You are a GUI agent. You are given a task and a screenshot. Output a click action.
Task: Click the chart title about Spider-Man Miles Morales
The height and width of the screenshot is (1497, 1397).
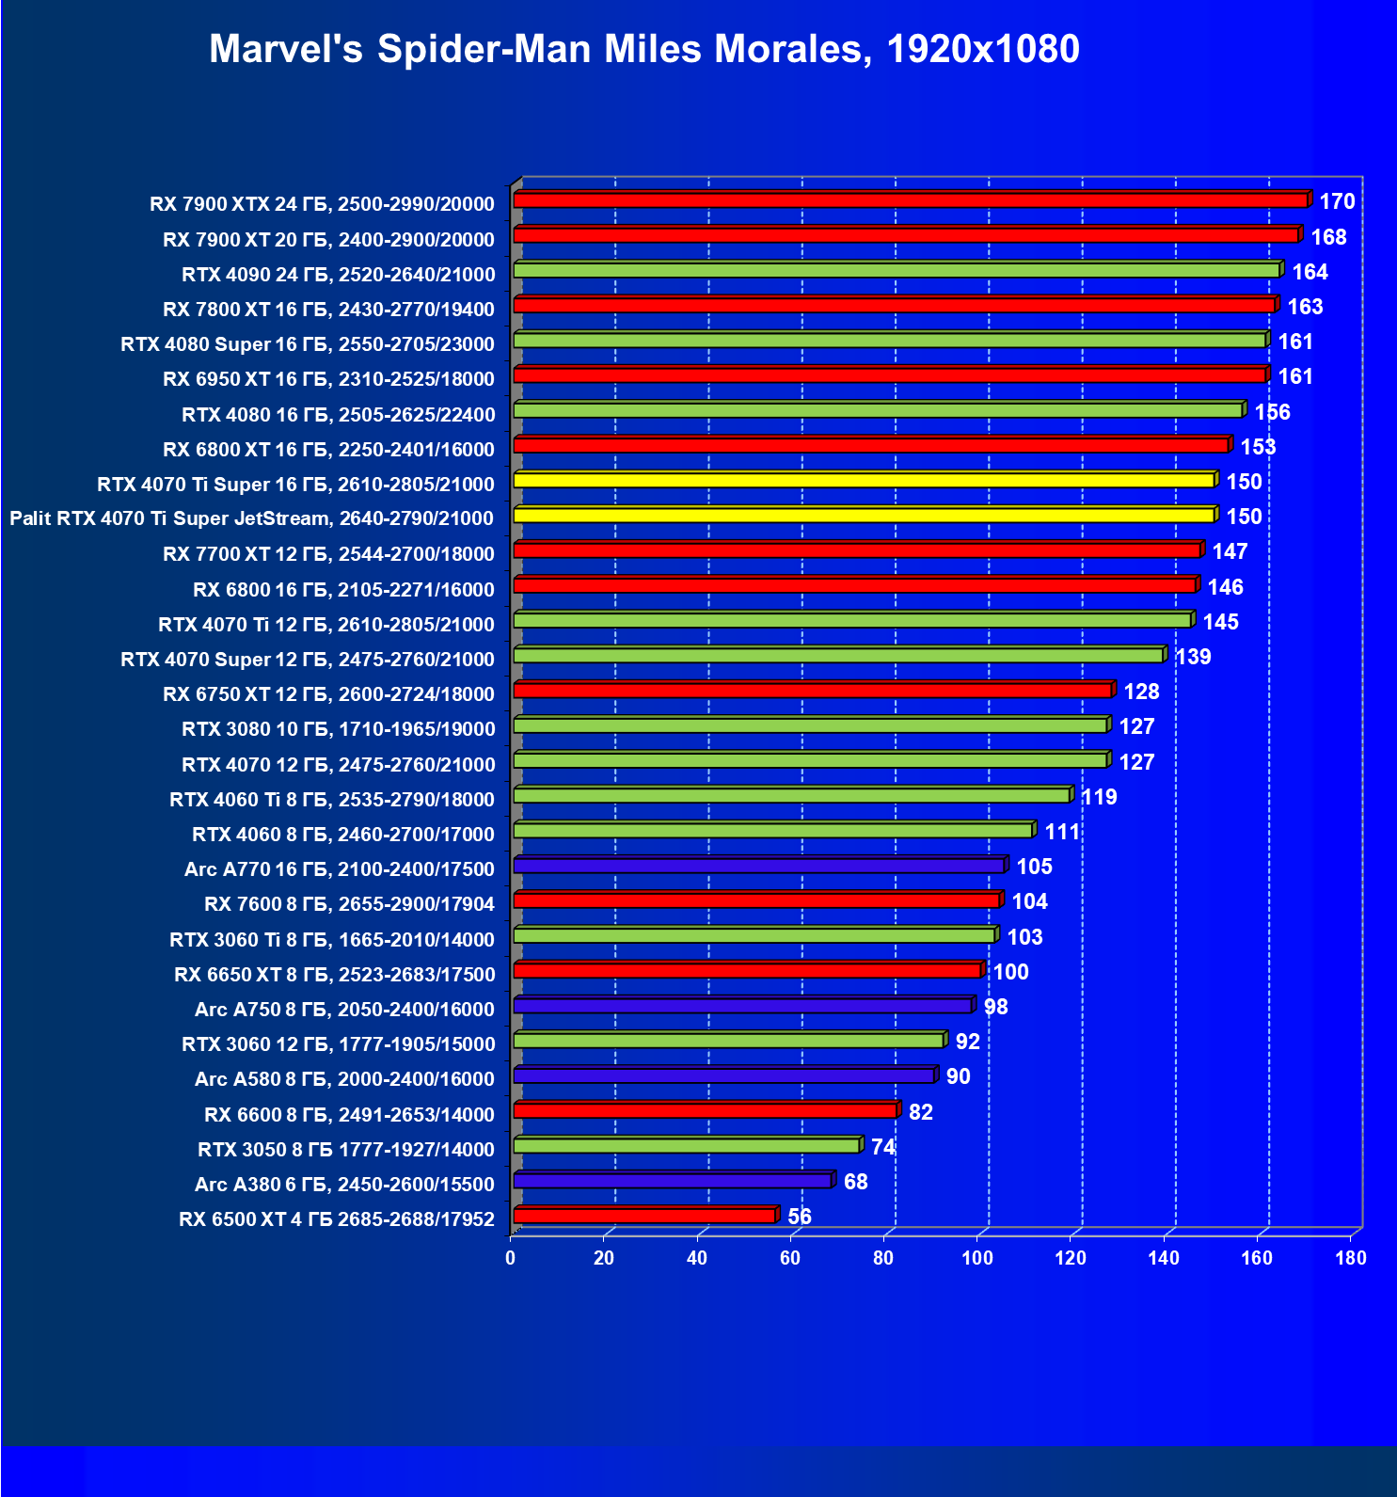point(643,49)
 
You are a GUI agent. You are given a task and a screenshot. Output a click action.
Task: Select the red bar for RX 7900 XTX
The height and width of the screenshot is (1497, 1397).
point(911,200)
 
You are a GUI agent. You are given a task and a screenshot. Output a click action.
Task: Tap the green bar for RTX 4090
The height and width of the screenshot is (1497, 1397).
point(897,271)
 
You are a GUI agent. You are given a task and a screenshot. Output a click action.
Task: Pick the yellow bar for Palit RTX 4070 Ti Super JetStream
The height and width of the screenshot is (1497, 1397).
point(864,516)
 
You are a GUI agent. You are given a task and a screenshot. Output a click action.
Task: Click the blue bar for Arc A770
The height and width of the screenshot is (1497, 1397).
point(758,866)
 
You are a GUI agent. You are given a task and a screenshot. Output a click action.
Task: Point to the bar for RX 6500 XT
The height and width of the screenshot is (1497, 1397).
point(644,1216)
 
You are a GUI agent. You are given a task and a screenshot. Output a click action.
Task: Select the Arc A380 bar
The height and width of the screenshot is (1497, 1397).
point(673,1181)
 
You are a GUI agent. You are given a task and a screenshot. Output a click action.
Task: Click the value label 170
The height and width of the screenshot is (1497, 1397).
point(1337,201)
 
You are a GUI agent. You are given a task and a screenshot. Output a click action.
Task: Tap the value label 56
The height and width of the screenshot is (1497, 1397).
point(800,1217)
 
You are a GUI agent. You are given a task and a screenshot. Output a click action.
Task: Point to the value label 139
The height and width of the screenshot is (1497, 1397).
point(1193,657)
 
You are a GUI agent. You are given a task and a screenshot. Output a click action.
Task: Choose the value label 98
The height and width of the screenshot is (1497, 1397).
point(995,1007)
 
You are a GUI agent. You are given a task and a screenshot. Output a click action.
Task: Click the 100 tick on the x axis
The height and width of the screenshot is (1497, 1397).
point(976,1258)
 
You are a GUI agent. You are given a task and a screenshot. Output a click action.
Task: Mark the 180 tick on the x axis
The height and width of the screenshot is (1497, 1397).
point(1350,1258)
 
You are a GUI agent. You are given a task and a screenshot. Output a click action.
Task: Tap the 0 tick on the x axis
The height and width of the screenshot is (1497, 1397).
point(511,1258)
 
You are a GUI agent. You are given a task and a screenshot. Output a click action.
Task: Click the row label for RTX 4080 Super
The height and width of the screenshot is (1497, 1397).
point(308,344)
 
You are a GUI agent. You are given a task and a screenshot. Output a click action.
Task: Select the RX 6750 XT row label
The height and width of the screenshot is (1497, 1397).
point(328,694)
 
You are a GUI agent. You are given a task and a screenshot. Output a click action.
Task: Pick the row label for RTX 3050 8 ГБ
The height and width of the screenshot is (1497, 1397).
point(345,1150)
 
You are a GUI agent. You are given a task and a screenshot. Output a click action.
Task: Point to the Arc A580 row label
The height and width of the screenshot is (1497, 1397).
point(344,1079)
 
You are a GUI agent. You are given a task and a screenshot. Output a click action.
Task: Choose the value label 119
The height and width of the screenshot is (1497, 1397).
point(1099,797)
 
